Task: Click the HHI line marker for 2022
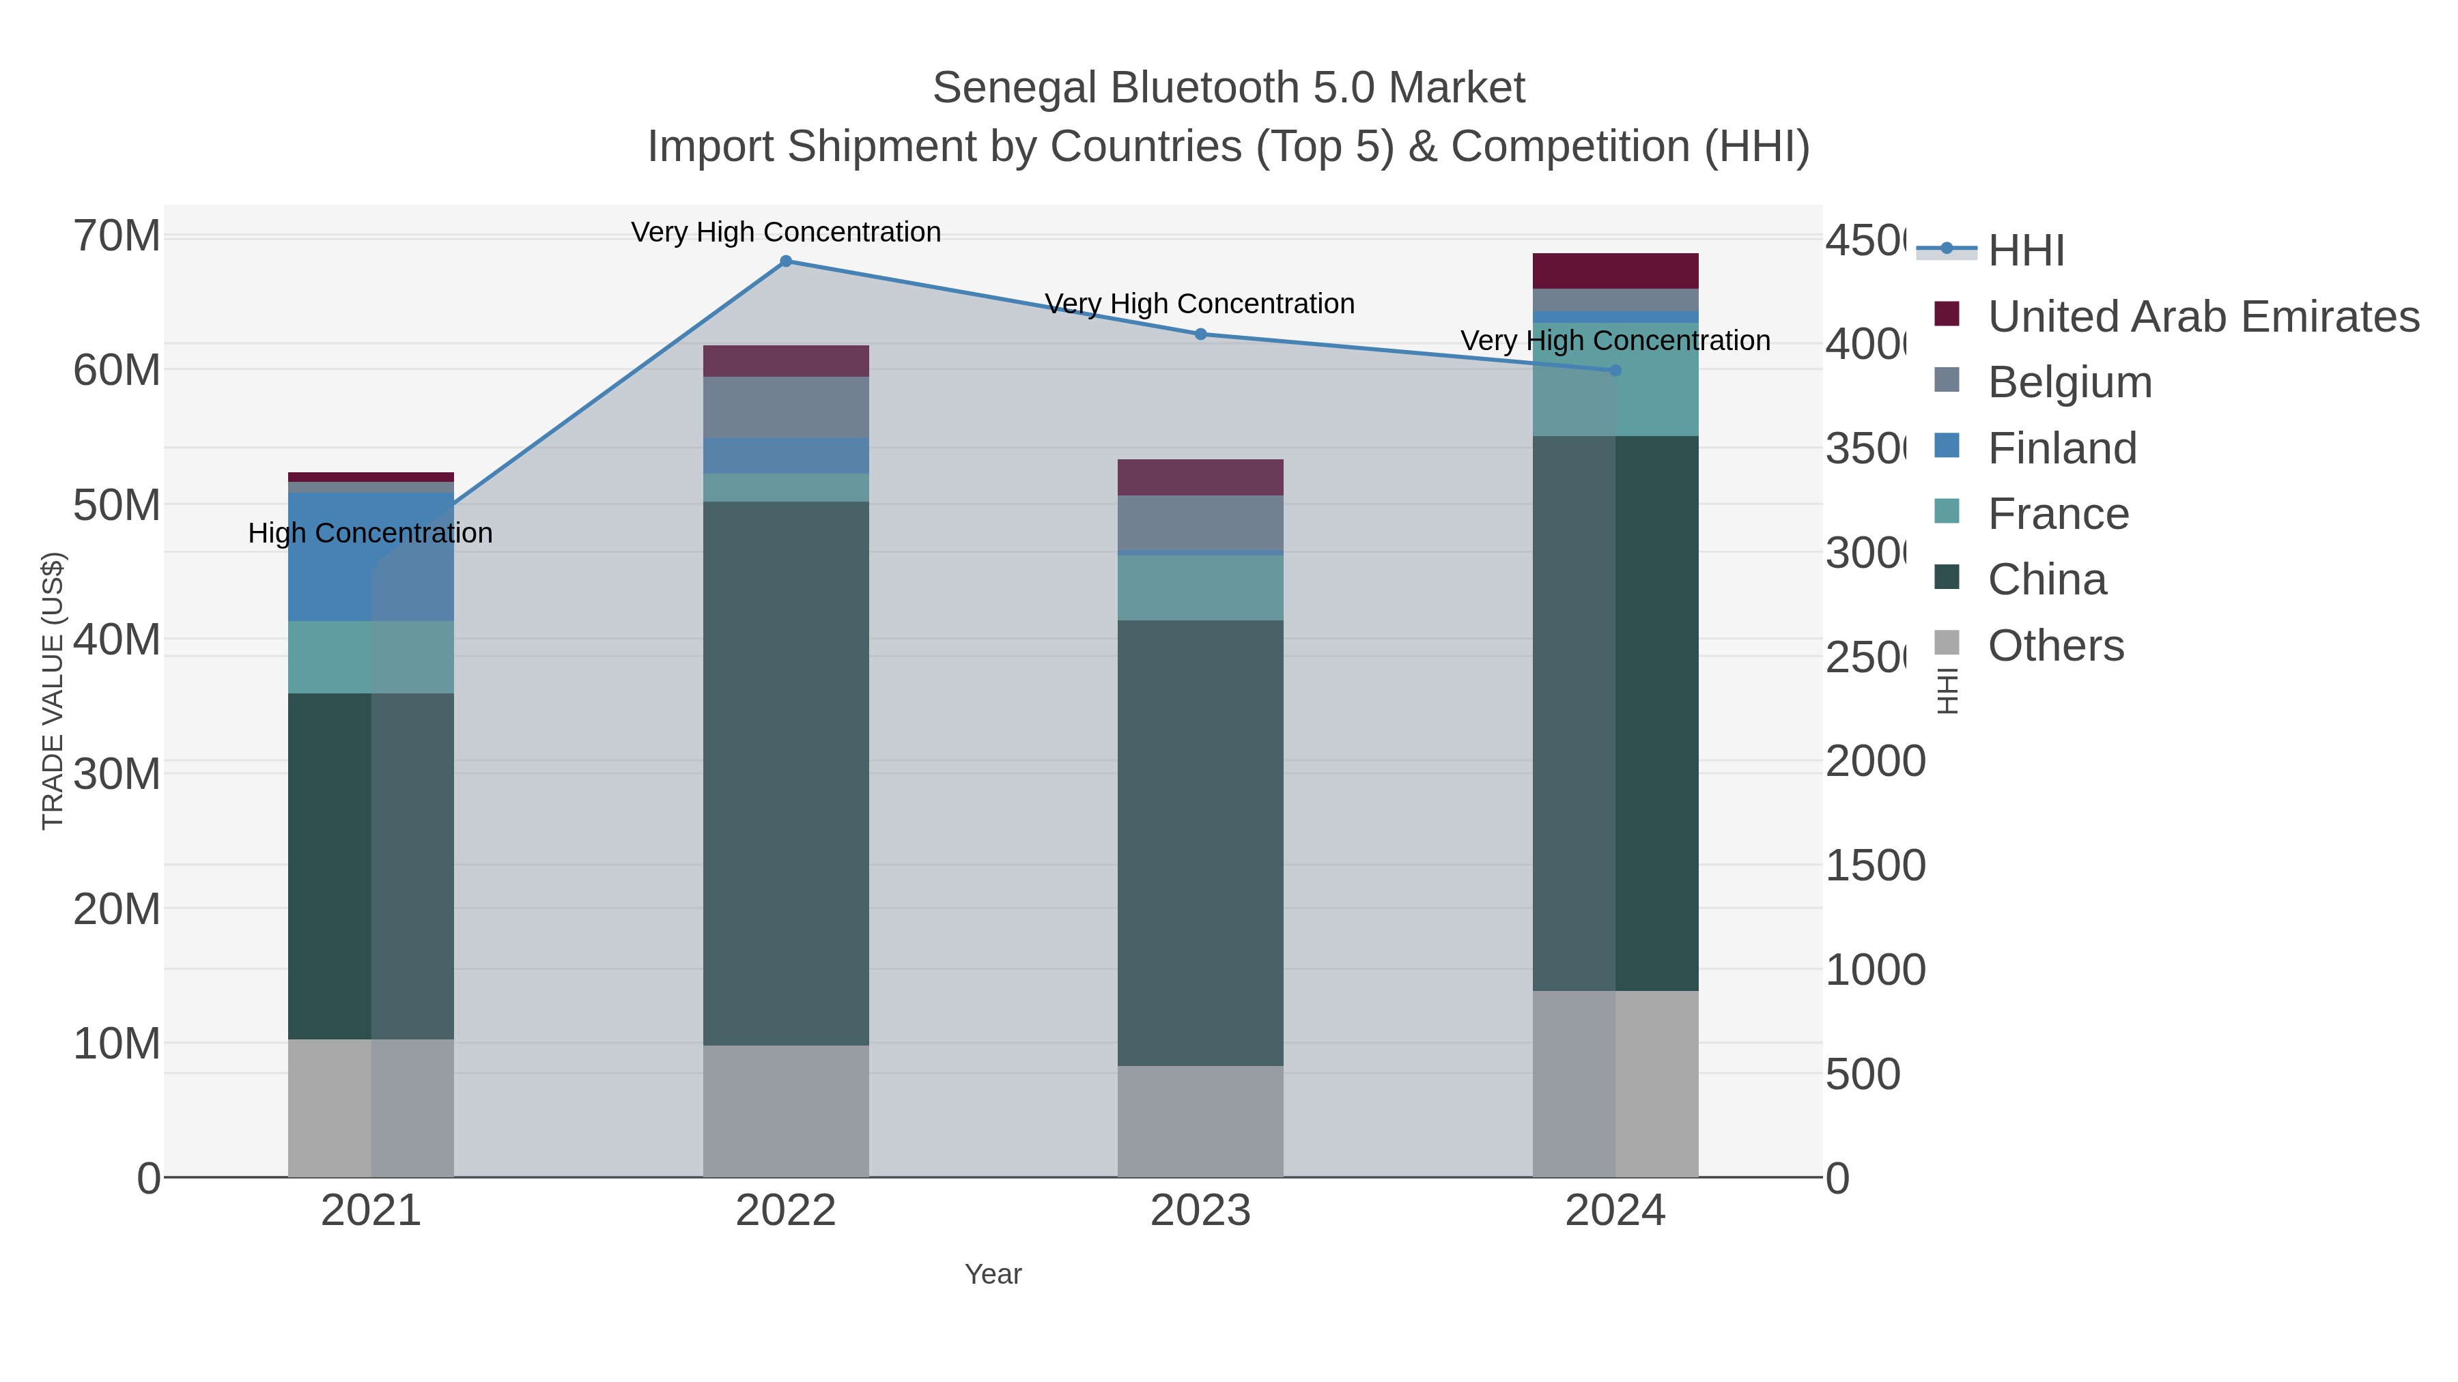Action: [785, 261]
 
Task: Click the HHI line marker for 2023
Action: [1200, 334]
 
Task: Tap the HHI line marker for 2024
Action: [1615, 370]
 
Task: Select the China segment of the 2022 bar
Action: [785, 773]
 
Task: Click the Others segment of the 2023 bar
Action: [1200, 1121]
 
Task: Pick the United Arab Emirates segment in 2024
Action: [1615, 271]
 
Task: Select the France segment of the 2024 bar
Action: [1615, 379]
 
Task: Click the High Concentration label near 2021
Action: [370, 533]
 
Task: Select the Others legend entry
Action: [2055, 646]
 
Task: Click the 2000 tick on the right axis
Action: [1875, 761]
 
